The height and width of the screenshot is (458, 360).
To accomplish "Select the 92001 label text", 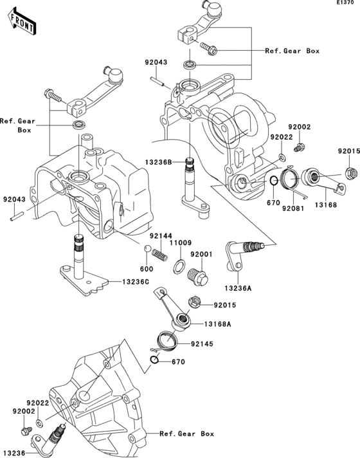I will (x=201, y=255).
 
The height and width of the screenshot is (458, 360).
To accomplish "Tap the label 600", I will (x=146, y=269).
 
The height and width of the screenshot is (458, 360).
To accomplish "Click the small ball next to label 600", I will (x=147, y=249).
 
